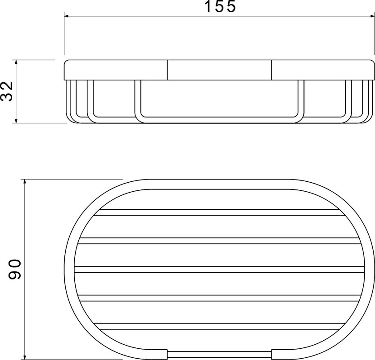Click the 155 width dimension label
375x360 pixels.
click(220, 6)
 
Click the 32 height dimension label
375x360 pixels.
click(7, 91)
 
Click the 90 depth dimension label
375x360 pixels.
click(15, 269)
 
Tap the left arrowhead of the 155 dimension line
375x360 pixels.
click(67, 16)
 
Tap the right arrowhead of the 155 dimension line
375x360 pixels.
click(372, 16)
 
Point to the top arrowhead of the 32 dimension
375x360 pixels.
click(16, 62)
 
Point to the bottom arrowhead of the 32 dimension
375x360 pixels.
click(16, 121)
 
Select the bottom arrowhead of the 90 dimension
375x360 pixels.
click(25, 357)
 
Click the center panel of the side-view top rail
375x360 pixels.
click(219, 70)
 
